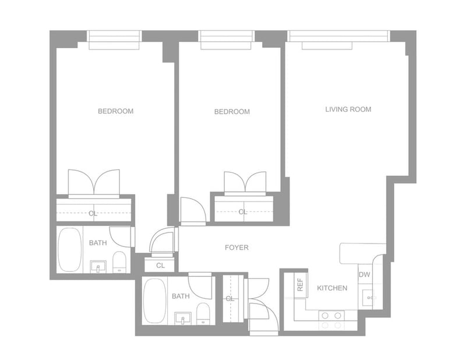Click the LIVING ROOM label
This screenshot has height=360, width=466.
pyautogui.click(x=348, y=110)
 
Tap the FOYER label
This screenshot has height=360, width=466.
pyautogui.click(x=236, y=248)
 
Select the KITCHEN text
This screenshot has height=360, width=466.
pyautogui.click(x=332, y=288)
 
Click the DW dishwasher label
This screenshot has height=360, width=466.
pyautogui.click(x=364, y=274)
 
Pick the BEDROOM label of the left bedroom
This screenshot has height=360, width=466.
pyautogui.click(x=115, y=111)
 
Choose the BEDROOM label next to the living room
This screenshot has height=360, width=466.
pyautogui.click(x=232, y=112)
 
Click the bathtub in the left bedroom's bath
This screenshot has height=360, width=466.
pyautogui.click(x=70, y=249)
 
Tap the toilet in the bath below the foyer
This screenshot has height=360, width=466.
pyautogui.click(x=203, y=313)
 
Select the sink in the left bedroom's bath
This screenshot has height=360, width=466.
pyautogui.click(x=98, y=267)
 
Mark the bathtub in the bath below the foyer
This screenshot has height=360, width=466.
pyautogui.click(x=154, y=301)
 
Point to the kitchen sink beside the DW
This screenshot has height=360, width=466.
pyautogui.click(x=370, y=297)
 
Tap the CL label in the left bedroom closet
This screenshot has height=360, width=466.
pyautogui.click(x=93, y=213)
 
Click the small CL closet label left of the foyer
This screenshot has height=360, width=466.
pyautogui.click(x=160, y=266)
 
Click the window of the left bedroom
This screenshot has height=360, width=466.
pyautogui.click(x=114, y=38)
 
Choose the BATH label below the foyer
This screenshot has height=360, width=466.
pyautogui.click(x=181, y=297)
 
